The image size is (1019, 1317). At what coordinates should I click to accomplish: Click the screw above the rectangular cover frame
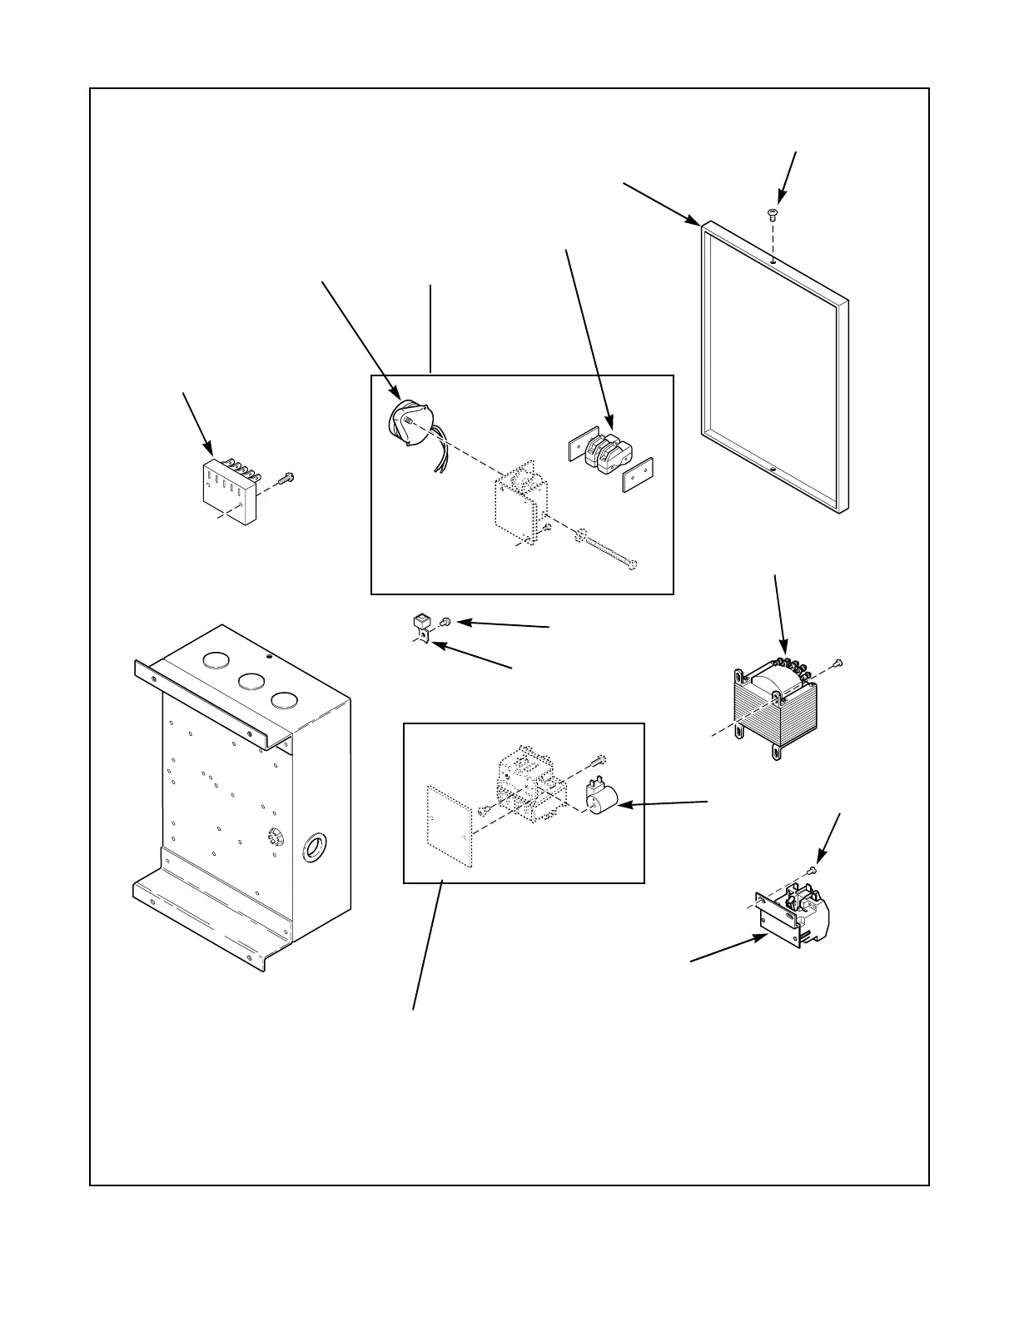[773, 214]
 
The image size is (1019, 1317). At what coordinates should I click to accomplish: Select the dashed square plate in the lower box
[449, 827]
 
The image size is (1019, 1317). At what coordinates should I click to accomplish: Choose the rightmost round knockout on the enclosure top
[284, 700]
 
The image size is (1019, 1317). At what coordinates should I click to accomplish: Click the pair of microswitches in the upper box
[605, 452]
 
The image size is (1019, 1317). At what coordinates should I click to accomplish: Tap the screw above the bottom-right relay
[813, 870]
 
